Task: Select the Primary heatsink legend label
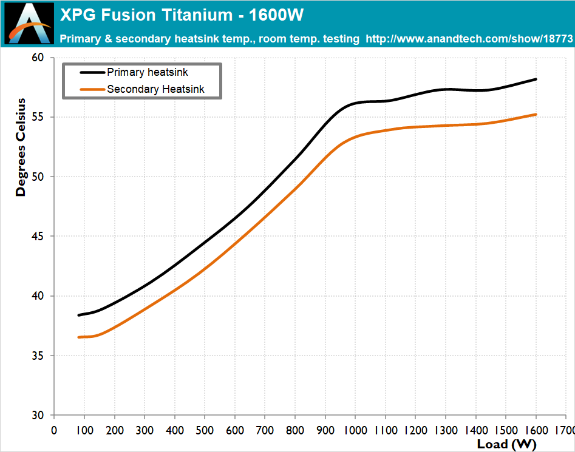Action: coord(148,72)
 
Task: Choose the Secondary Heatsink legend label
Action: coord(155,89)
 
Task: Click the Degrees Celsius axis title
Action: coord(21,147)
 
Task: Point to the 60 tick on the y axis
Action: coord(38,58)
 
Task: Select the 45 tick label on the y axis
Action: coord(38,237)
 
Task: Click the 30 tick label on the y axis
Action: coord(38,416)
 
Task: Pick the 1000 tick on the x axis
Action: coord(355,430)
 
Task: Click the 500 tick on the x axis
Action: coord(205,430)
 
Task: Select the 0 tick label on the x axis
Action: coord(54,430)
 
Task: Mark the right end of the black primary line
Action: coord(536,79)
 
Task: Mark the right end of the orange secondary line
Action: coord(536,114)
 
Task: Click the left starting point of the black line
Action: coord(78,315)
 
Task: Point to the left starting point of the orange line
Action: coord(78,337)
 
